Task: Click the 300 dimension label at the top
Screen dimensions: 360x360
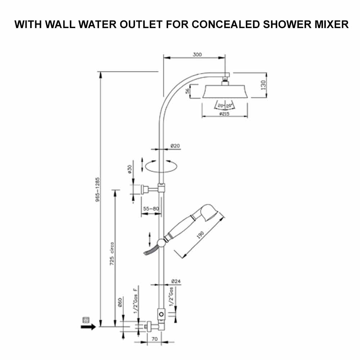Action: pos(197,55)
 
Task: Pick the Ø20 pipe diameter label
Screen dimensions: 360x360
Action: pos(175,146)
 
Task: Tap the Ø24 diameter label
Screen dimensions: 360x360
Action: pos(176,281)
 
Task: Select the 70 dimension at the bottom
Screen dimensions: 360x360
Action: pos(155,339)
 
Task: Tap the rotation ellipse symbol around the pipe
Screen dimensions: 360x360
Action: pos(161,167)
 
